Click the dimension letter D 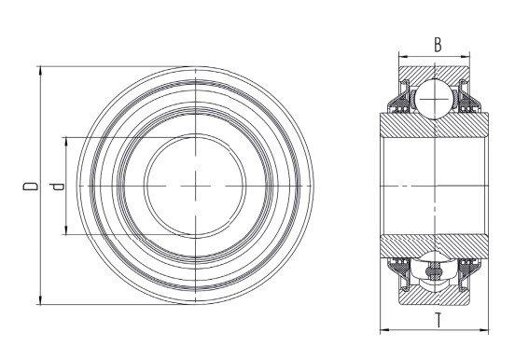(x=30, y=186)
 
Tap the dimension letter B (x=438, y=45)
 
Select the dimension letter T (x=438, y=320)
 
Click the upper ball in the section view (x=435, y=99)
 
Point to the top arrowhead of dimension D (x=40, y=70)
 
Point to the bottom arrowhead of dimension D (x=40, y=300)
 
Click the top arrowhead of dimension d (x=66, y=141)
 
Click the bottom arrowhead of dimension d (x=66, y=230)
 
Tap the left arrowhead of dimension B (x=403, y=56)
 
